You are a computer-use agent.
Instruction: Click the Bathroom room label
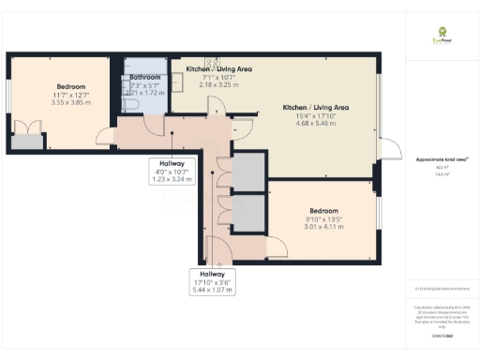(x=145, y=77)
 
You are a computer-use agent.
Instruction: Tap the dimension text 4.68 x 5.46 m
(x=316, y=124)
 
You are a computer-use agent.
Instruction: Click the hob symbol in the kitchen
(x=214, y=60)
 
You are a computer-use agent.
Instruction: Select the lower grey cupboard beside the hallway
(x=249, y=213)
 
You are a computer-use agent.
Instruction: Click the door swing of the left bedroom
(x=105, y=136)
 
